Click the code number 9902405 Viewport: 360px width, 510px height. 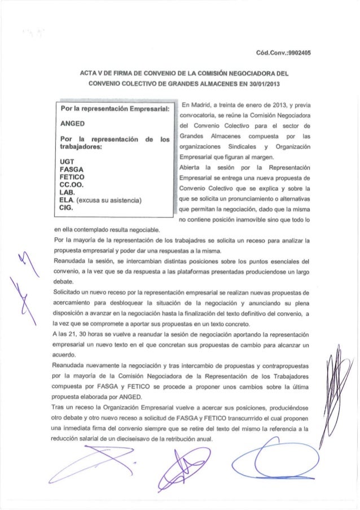point(299,54)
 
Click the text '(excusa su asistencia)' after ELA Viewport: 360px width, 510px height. point(109,198)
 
